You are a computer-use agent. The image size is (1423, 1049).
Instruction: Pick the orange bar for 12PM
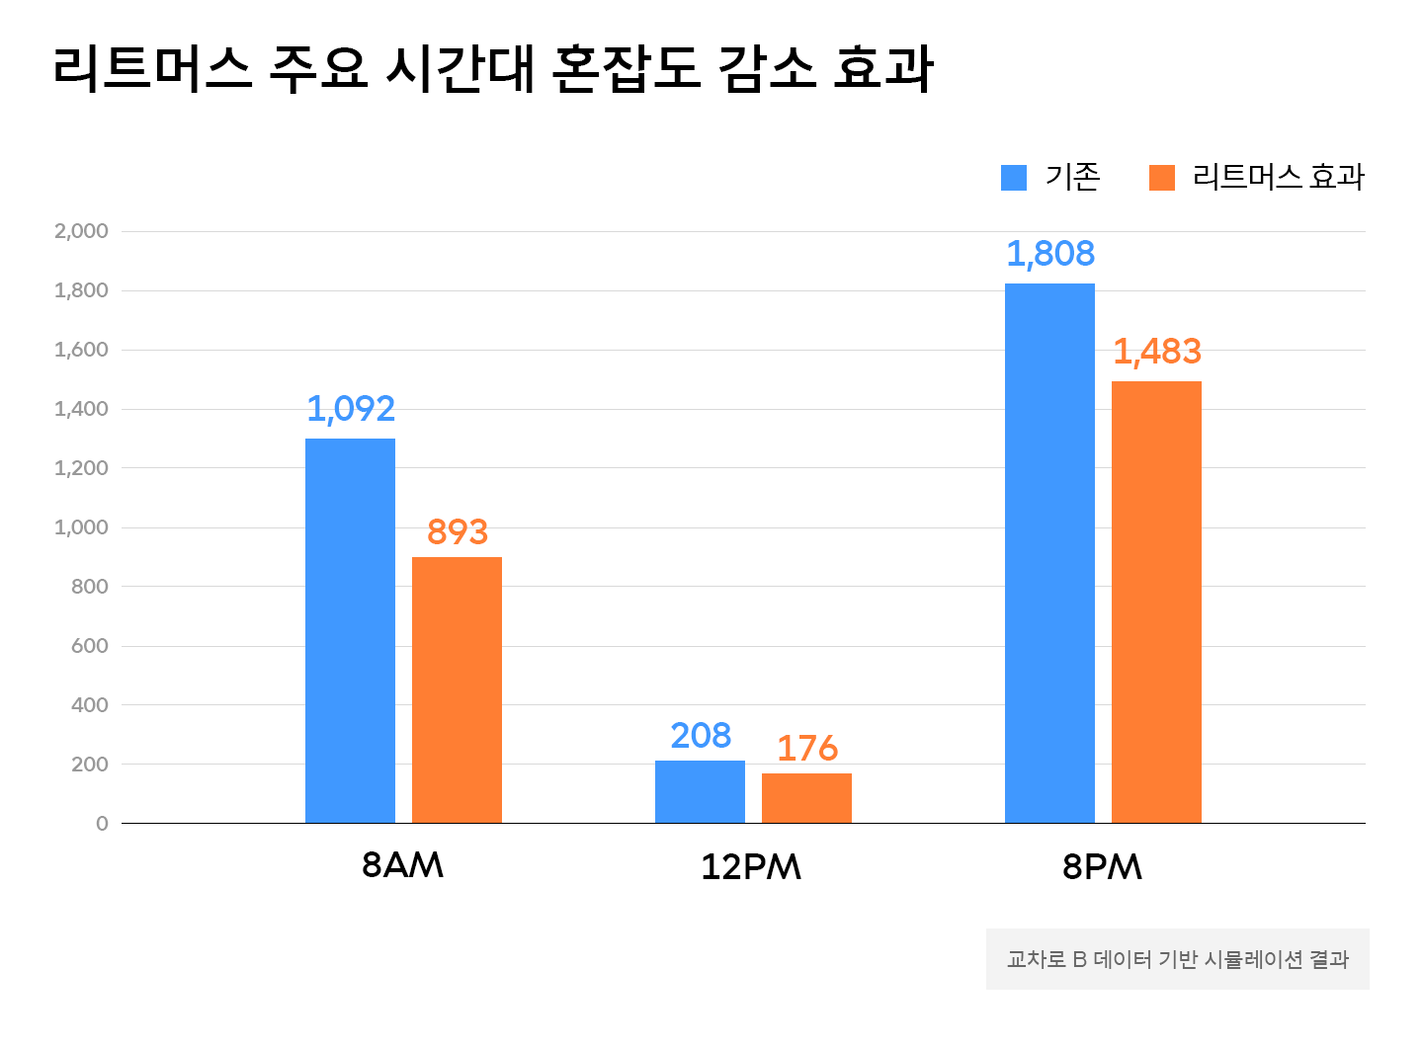coord(806,798)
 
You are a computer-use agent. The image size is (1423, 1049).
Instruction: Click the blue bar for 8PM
coord(1049,553)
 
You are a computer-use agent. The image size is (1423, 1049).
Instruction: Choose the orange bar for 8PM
coord(1156,602)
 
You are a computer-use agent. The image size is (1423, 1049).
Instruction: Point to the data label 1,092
coord(350,409)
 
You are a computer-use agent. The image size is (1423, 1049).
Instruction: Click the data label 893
coord(457,532)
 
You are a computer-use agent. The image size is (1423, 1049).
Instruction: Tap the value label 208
coord(700,736)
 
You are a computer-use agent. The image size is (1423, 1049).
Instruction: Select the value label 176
coord(806,749)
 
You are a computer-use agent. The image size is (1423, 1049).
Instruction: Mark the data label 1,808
coord(1049,254)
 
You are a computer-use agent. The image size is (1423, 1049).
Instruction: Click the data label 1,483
coord(1156,352)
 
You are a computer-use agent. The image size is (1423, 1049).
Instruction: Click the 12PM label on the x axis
coord(751,867)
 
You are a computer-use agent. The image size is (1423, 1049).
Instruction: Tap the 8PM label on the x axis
coord(1102,867)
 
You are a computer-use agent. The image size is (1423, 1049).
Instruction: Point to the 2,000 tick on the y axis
coord(81,231)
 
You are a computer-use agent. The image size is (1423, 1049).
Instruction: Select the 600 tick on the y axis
coord(89,646)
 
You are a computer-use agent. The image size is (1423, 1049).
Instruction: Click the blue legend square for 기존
coord(1013,177)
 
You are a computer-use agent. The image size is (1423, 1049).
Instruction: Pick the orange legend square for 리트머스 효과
coord(1161,177)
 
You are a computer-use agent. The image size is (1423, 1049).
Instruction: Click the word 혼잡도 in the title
coord(626,69)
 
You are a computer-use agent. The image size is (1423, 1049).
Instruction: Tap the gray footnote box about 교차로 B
coord(1177,959)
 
